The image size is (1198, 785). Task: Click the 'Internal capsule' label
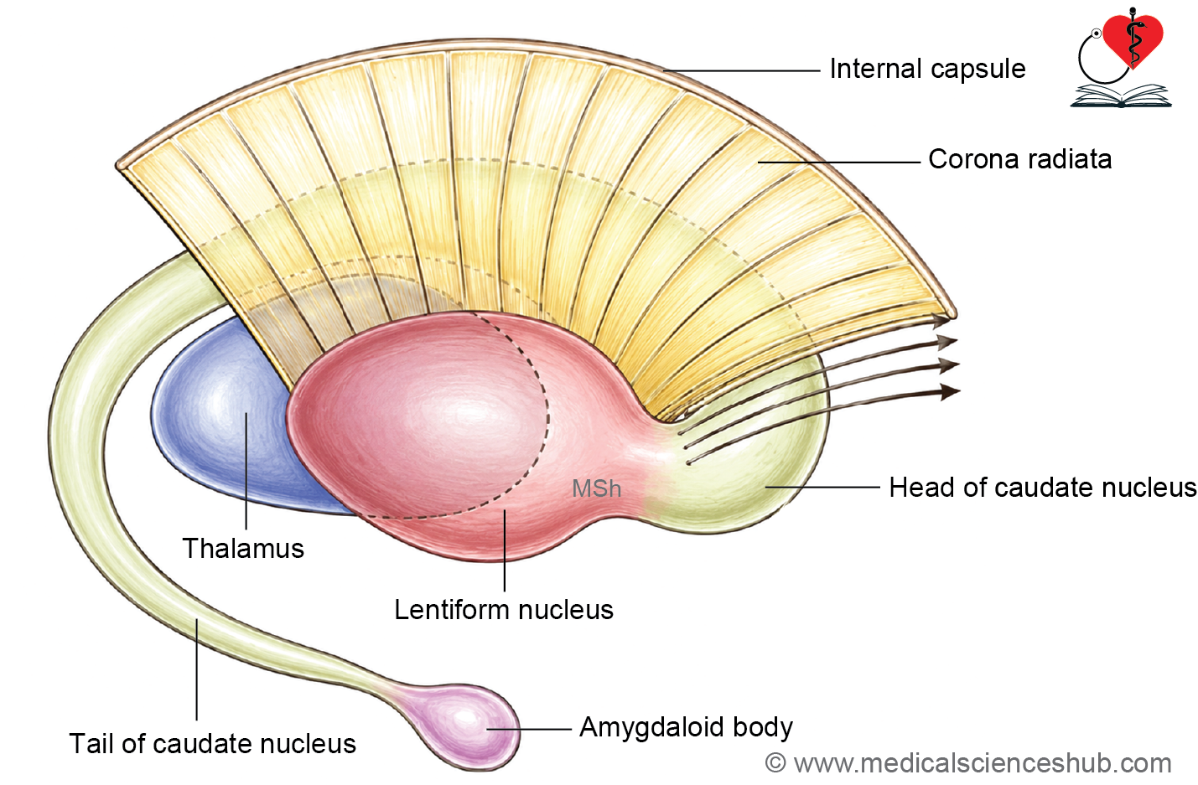pos(927,69)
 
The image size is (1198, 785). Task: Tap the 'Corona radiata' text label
pos(1020,159)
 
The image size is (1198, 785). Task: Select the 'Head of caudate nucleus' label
pos(1043,488)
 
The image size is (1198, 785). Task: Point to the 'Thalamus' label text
pos(243,548)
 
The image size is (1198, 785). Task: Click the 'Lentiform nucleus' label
pos(504,610)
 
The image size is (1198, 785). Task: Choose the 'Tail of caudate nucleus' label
pos(213,744)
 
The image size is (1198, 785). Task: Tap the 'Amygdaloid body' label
pos(686,728)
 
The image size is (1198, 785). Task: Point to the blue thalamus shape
pos(225,422)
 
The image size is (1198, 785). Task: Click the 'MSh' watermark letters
pos(596,489)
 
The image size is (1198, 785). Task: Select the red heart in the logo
pos(1133,39)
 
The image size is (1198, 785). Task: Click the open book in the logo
pos(1121,96)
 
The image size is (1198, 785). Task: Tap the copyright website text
pos(968,763)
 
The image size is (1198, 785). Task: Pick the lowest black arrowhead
pos(949,392)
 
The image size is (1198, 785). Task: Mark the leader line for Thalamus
pos(246,470)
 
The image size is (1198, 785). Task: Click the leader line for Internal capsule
pos(742,70)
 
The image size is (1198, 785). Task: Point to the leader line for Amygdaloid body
pos(529,729)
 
